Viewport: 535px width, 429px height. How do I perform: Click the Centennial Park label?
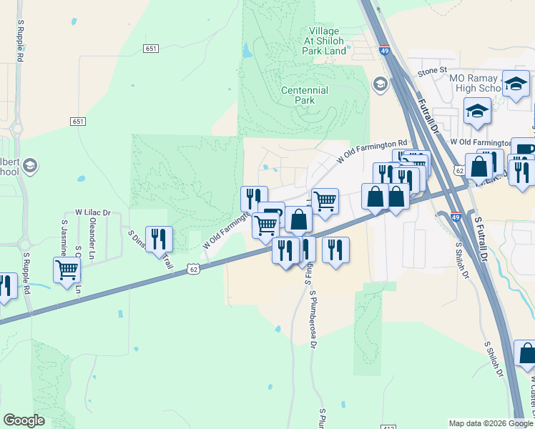pyautogui.click(x=304, y=96)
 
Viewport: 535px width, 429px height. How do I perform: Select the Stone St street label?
pyautogui.click(x=432, y=70)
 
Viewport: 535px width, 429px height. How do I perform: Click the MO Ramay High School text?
pyautogui.click(x=476, y=83)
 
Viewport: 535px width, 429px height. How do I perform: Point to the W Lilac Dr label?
pyautogui.click(x=93, y=212)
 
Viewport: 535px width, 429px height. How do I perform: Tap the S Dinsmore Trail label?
pyautogui.click(x=151, y=250)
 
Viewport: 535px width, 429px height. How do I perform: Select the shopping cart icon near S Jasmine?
pyautogui.click(x=67, y=270)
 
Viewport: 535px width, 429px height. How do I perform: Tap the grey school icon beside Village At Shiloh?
pyautogui.click(x=379, y=85)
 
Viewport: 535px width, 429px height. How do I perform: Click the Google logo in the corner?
pyautogui.click(x=24, y=420)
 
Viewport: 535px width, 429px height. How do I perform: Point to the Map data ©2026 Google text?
pyautogui.click(x=491, y=423)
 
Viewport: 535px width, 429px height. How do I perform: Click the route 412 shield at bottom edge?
pyautogui.click(x=386, y=427)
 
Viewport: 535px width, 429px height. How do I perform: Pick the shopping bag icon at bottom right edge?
pyautogui.click(x=526, y=352)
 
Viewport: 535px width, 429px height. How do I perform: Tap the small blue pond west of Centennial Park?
pyautogui.click(x=247, y=51)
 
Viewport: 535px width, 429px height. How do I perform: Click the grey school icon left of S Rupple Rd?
pyautogui.click(x=30, y=167)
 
